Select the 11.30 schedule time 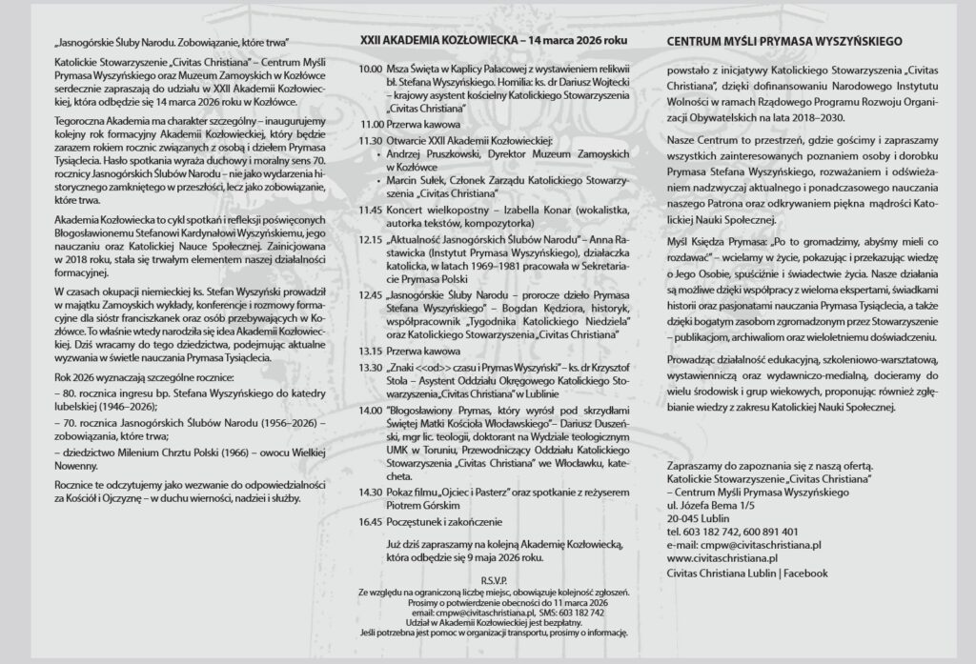point(370,140)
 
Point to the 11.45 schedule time point(370,208)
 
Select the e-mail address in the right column point(744,543)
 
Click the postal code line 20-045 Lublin point(697,518)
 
